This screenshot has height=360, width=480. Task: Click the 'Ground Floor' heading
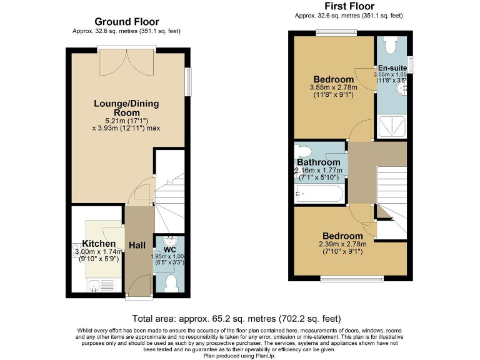point(126,22)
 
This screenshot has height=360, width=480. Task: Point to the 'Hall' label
point(138,246)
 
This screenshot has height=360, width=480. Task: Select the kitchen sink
point(94,286)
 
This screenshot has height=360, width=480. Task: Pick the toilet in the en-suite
point(392,44)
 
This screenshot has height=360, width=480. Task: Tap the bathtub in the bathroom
point(319,194)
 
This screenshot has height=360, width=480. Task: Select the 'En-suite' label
point(392,67)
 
